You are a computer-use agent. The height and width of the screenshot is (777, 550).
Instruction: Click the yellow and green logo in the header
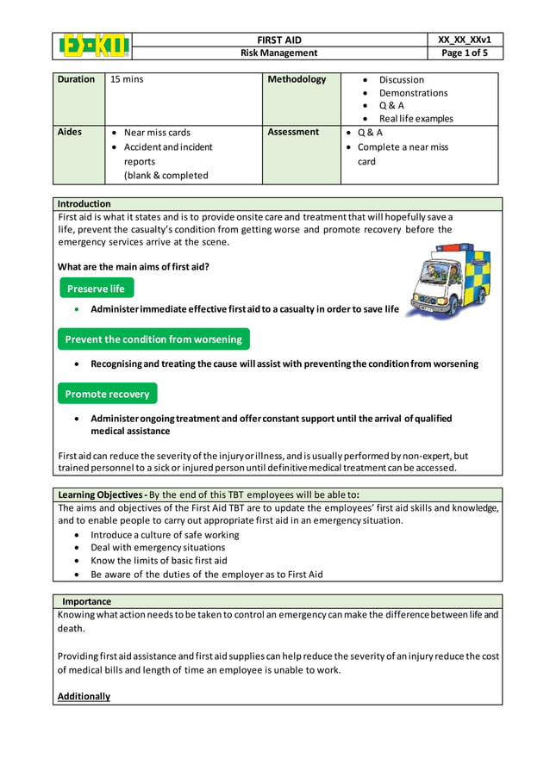click(93, 47)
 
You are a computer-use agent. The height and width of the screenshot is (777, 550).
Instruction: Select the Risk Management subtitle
click(278, 53)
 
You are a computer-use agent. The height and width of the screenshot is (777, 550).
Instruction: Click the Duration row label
click(76, 79)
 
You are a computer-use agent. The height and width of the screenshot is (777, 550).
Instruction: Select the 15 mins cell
click(127, 79)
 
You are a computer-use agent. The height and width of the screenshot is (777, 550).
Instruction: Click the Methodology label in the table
click(297, 79)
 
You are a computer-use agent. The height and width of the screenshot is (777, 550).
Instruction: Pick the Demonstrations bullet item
click(413, 93)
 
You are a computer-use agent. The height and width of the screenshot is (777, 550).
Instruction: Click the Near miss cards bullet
click(157, 133)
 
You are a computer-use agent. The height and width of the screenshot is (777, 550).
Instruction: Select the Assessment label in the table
click(293, 133)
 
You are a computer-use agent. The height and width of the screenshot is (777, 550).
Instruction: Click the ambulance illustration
click(448, 281)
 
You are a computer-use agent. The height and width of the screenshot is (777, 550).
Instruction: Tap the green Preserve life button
click(96, 289)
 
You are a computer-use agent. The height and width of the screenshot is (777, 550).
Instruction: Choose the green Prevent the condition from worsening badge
click(153, 339)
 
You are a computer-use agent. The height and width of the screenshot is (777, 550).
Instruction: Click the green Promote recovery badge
click(107, 394)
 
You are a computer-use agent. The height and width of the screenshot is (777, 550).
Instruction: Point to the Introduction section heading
click(84, 204)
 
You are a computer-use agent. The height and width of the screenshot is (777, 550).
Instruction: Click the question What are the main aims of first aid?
click(133, 266)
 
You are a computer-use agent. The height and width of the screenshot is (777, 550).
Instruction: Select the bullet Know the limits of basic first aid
click(159, 561)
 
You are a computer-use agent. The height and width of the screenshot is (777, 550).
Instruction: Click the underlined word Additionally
click(84, 696)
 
